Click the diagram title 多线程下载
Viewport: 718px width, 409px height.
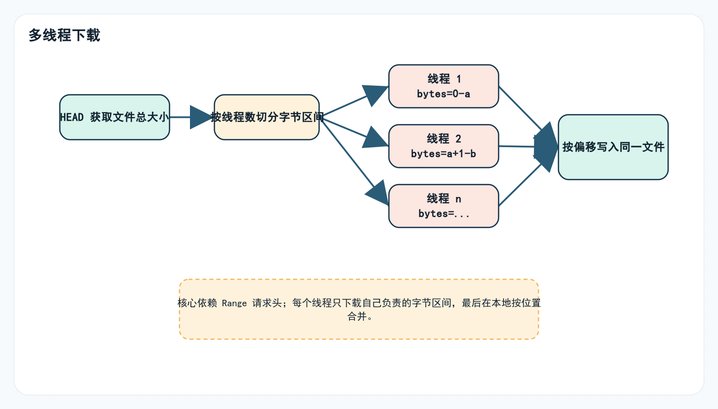click(x=64, y=35)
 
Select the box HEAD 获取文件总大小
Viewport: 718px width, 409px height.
click(x=115, y=117)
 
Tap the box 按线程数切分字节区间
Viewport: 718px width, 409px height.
click(x=267, y=117)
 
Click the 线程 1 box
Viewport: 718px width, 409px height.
click(x=444, y=86)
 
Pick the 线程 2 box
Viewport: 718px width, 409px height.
click(x=444, y=146)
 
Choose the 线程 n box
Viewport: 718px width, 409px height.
click(x=444, y=205)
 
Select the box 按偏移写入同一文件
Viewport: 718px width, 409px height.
click(x=613, y=147)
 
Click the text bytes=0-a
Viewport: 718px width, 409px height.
click(x=444, y=94)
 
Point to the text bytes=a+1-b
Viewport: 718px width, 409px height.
click(x=444, y=154)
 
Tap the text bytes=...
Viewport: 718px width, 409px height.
click(x=444, y=213)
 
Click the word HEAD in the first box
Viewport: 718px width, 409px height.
click(x=72, y=118)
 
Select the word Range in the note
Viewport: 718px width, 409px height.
click(x=234, y=303)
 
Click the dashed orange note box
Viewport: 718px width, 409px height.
click(x=359, y=329)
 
